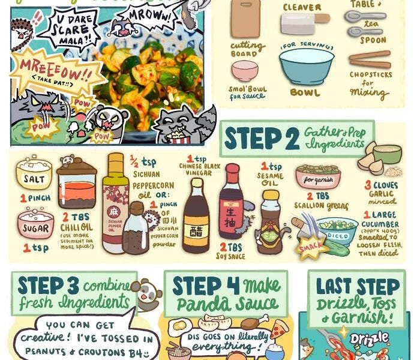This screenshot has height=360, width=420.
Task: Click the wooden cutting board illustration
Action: coord(245,19)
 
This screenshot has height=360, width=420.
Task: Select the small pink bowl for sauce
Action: coord(245,70)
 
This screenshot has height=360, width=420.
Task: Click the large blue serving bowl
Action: coord(307,65)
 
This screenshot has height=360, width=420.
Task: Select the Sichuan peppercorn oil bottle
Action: coord(115,204)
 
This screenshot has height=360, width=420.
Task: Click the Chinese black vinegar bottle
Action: coord(196,216)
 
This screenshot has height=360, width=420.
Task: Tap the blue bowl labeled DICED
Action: coord(337,232)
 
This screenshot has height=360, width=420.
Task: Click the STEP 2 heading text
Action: coord(260,139)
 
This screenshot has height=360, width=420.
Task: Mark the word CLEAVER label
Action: coord(302,7)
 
